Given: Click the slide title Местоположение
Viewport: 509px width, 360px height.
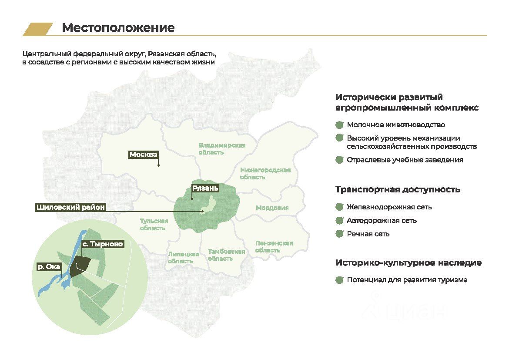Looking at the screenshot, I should (x=118, y=28).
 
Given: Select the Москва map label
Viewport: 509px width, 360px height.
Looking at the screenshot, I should (x=143, y=155).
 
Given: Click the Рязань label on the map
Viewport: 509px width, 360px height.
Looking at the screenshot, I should (x=205, y=188).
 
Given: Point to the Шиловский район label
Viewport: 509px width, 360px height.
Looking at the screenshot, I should (x=70, y=207).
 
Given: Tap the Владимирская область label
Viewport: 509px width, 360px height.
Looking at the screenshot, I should (x=222, y=149).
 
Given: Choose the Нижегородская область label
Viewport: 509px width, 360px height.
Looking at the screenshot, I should (x=265, y=173).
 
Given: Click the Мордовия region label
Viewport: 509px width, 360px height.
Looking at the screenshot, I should (x=272, y=208).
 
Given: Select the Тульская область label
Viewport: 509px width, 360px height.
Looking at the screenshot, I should (x=154, y=224).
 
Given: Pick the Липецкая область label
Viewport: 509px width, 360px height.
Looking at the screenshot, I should (x=183, y=258).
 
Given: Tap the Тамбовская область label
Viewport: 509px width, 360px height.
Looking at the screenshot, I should (x=226, y=255).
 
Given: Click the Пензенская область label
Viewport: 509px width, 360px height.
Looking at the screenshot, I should (x=274, y=246).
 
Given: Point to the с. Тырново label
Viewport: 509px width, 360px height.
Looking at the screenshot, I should (x=103, y=244).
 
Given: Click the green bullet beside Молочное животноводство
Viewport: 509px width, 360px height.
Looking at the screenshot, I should (x=340, y=125).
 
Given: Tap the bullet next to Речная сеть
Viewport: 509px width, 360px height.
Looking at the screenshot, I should (x=340, y=234).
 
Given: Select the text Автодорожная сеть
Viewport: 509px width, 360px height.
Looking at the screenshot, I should (x=382, y=220).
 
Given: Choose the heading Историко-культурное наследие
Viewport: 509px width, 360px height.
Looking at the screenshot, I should (x=409, y=263).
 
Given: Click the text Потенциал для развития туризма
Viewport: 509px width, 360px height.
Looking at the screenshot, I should (x=407, y=280).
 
